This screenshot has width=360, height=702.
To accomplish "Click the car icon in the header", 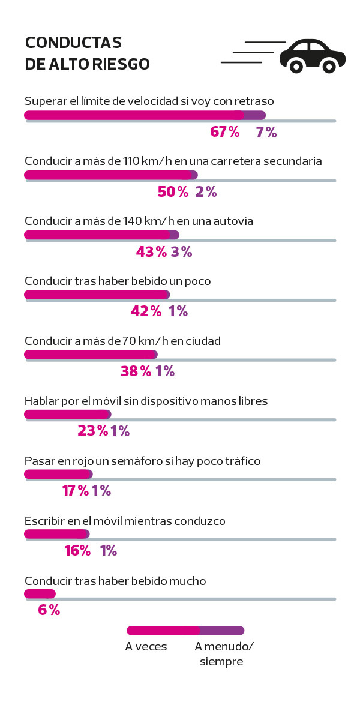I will tap(313, 56).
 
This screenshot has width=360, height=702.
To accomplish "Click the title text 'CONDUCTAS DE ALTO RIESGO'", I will tap(87, 53).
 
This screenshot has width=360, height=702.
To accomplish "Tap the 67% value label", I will tap(225, 132).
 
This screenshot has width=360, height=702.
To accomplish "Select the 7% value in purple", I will tap(266, 132).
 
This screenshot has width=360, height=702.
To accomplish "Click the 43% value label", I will tap(151, 252).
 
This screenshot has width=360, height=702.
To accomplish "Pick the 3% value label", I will tap(181, 252).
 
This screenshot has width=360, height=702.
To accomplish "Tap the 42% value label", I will tap(146, 311).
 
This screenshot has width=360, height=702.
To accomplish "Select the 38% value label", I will tap(136, 371).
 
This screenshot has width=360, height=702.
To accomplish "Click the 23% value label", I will tap(93, 431).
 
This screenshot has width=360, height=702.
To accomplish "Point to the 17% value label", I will tap(76, 491).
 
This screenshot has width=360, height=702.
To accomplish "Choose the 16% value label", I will tap(77, 550).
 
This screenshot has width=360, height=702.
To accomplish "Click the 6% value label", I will tap(49, 610).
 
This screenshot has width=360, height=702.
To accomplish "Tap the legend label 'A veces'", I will tap(146, 647).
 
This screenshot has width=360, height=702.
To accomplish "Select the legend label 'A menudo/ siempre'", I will tap(224, 654).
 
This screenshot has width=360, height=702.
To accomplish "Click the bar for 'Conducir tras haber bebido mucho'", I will tap(40, 594).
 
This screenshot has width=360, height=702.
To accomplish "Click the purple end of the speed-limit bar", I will tap(255, 115).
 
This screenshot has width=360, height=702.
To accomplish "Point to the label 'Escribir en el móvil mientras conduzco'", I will tap(125, 521).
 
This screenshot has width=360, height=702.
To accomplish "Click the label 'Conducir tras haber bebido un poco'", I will tap(118, 281).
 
